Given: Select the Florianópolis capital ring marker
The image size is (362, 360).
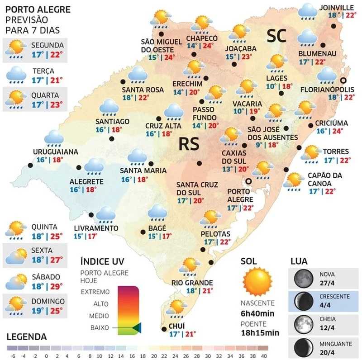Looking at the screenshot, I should click(x=343, y=80).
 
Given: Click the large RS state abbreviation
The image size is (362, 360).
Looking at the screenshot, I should click(x=189, y=144).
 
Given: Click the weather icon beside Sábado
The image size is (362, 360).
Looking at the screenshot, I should click(x=16, y=281).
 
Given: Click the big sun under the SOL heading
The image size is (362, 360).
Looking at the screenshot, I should click(x=257, y=280).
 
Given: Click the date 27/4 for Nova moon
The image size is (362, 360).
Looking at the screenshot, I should click(x=327, y=283).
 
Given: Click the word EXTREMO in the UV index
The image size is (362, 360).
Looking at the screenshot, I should click(x=95, y=292).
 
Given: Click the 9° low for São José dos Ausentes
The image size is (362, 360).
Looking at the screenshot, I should click(x=259, y=145).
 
